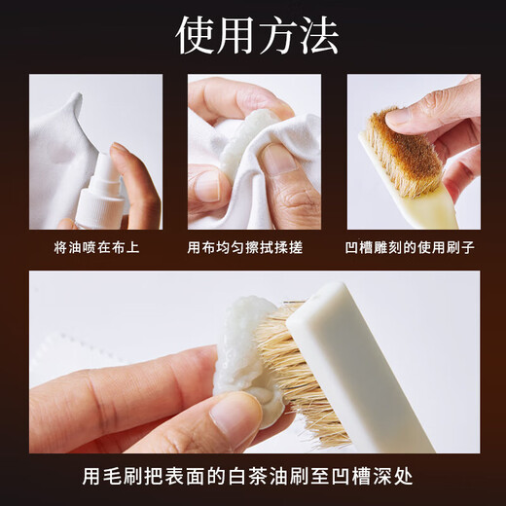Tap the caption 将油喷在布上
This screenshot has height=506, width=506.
click(x=96, y=247)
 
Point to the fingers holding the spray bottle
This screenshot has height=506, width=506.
click(x=136, y=185)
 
